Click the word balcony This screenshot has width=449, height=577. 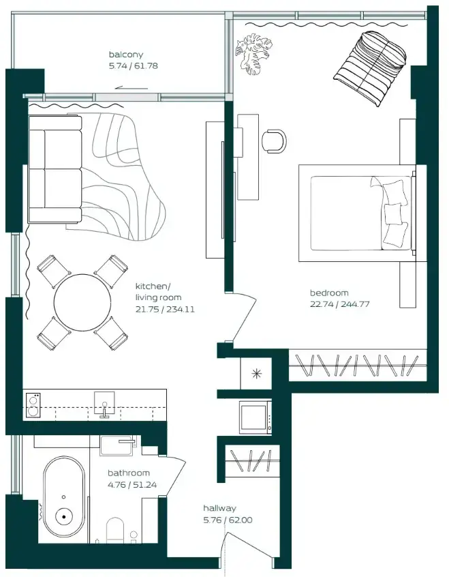126,55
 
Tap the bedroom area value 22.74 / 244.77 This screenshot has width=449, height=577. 340,304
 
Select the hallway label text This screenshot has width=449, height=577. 220,508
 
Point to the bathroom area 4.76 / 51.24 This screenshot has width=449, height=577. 132,485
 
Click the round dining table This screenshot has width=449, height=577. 82,302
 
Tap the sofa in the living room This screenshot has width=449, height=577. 55,169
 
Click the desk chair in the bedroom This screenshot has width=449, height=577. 274,140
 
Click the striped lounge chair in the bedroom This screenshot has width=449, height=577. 370,69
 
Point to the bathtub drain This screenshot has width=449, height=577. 64,517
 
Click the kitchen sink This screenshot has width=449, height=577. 104,404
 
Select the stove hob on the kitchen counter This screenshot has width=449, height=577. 33,405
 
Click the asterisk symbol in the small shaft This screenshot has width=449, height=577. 256,374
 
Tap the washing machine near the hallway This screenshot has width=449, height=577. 256,417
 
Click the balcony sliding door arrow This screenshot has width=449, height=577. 131,88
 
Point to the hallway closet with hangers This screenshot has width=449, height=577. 252,461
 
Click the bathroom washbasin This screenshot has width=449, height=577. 119,445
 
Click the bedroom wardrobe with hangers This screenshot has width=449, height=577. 358,365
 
